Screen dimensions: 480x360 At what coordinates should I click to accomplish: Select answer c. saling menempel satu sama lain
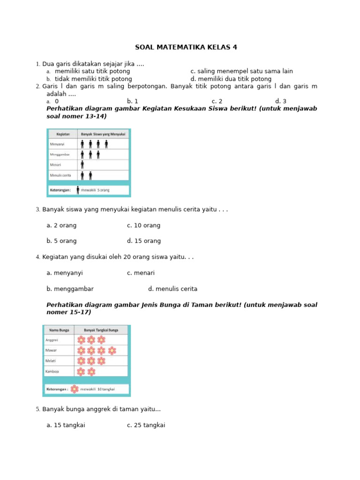(x=241, y=71)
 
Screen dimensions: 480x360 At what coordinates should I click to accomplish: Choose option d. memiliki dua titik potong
(x=231, y=79)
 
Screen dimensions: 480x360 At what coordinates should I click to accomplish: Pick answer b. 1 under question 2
(x=132, y=101)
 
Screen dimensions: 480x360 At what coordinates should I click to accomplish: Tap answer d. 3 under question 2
(x=280, y=101)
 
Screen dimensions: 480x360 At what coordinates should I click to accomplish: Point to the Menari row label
(x=56, y=165)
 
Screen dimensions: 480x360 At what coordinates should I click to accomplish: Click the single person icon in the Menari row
(x=82, y=165)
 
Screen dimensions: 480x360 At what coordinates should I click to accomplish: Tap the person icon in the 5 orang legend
(x=77, y=190)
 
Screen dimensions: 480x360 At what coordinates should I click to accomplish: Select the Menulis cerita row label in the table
(x=60, y=175)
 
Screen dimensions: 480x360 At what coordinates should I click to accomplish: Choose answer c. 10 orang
(x=143, y=225)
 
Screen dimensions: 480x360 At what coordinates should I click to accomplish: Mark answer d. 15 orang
(x=143, y=241)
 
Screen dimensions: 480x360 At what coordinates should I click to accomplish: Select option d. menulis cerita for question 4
(x=172, y=289)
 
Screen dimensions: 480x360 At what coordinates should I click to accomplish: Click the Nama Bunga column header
(x=57, y=330)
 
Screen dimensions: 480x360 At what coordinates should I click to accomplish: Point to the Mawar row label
(x=51, y=350)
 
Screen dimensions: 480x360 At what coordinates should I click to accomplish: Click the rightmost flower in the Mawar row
(x=112, y=350)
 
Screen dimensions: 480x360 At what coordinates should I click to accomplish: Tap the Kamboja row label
(x=52, y=371)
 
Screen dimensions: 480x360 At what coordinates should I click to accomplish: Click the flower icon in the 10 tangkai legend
(x=75, y=389)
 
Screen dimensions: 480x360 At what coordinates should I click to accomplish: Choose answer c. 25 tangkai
(x=146, y=425)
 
